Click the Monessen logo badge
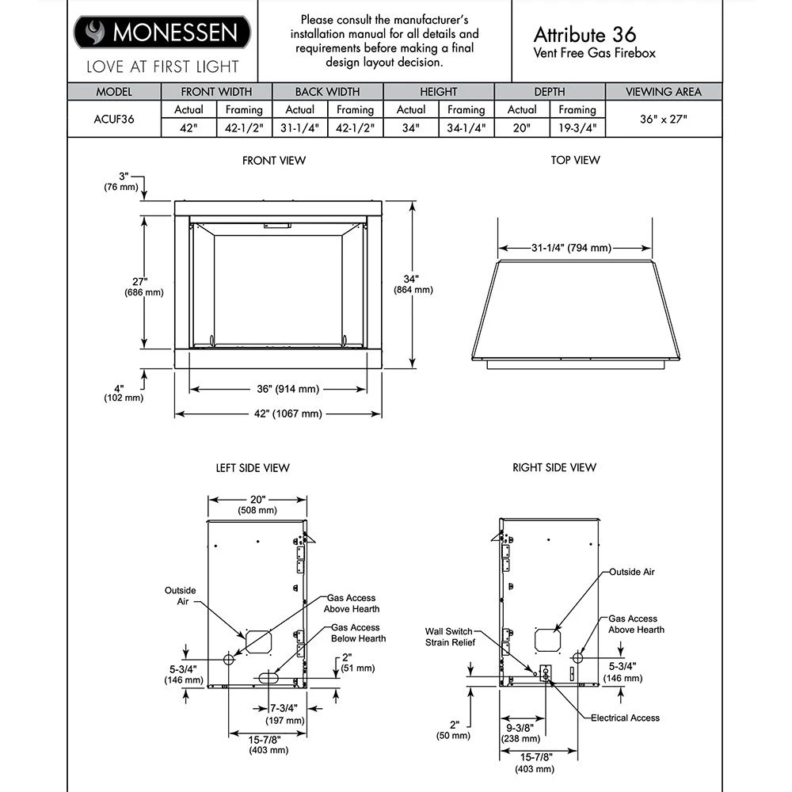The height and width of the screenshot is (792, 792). (x=162, y=33)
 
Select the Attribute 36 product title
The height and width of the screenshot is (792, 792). (x=584, y=34)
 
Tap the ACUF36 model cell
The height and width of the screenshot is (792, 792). (x=114, y=120)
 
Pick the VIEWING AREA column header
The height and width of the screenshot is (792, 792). (x=663, y=92)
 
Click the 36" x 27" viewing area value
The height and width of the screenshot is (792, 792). (x=663, y=120)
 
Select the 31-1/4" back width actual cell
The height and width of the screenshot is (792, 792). (x=299, y=128)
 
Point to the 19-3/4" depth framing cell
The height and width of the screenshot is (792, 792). (x=577, y=128)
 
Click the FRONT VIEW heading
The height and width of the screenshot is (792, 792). (x=274, y=161)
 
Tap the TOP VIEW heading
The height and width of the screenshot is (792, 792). (x=575, y=161)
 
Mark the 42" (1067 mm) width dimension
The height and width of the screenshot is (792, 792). (x=277, y=414)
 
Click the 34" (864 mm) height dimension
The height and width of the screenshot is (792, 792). (x=413, y=284)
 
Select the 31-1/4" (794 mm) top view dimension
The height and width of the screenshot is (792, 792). (x=570, y=248)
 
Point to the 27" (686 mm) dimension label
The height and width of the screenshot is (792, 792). (x=143, y=287)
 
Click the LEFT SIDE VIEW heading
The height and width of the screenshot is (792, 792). (x=253, y=468)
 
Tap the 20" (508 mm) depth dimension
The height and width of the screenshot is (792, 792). (x=257, y=505)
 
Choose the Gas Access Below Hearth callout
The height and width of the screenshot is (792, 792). (x=358, y=633)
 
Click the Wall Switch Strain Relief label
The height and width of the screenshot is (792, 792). (x=449, y=636)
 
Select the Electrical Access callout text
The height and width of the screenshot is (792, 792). (x=625, y=718)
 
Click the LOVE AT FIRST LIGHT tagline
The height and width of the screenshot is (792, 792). (x=162, y=67)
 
